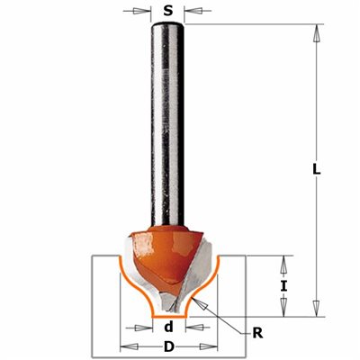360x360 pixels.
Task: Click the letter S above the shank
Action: pos(168,11)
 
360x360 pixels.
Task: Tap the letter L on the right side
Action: pos(316,169)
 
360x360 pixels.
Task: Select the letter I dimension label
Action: pos(283,286)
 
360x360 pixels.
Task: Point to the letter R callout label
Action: pos(257,333)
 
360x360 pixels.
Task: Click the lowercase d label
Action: pos(169,327)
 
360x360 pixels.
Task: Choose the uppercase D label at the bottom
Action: pos(169,347)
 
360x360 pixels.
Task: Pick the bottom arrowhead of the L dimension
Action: pos(316,308)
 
